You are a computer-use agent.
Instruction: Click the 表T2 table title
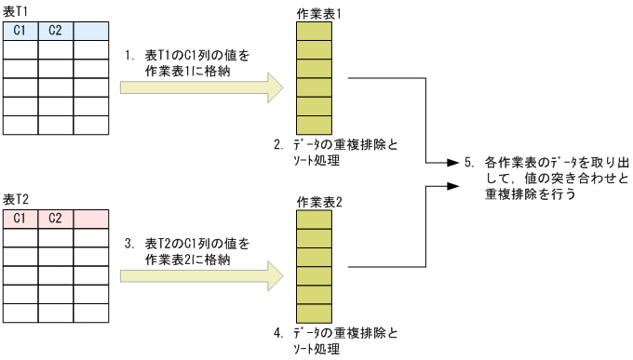(15, 200)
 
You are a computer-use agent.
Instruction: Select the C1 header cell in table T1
(20, 31)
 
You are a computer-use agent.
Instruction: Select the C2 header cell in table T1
(55, 31)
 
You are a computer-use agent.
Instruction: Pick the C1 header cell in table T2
(20, 219)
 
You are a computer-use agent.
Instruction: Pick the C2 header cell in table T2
(55, 219)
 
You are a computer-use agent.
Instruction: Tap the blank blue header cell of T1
(90, 31)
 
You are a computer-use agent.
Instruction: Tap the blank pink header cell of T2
(90, 219)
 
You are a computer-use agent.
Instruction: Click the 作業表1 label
(315, 12)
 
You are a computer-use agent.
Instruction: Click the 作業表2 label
(315, 202)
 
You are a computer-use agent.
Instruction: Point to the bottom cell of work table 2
(314, 312)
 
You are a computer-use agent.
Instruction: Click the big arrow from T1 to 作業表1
(201, 88)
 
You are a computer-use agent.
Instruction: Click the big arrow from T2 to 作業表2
(201, 273)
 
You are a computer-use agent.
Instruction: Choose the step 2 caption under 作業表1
(335, 153)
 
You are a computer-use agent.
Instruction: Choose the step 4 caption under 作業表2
(335, 340)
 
